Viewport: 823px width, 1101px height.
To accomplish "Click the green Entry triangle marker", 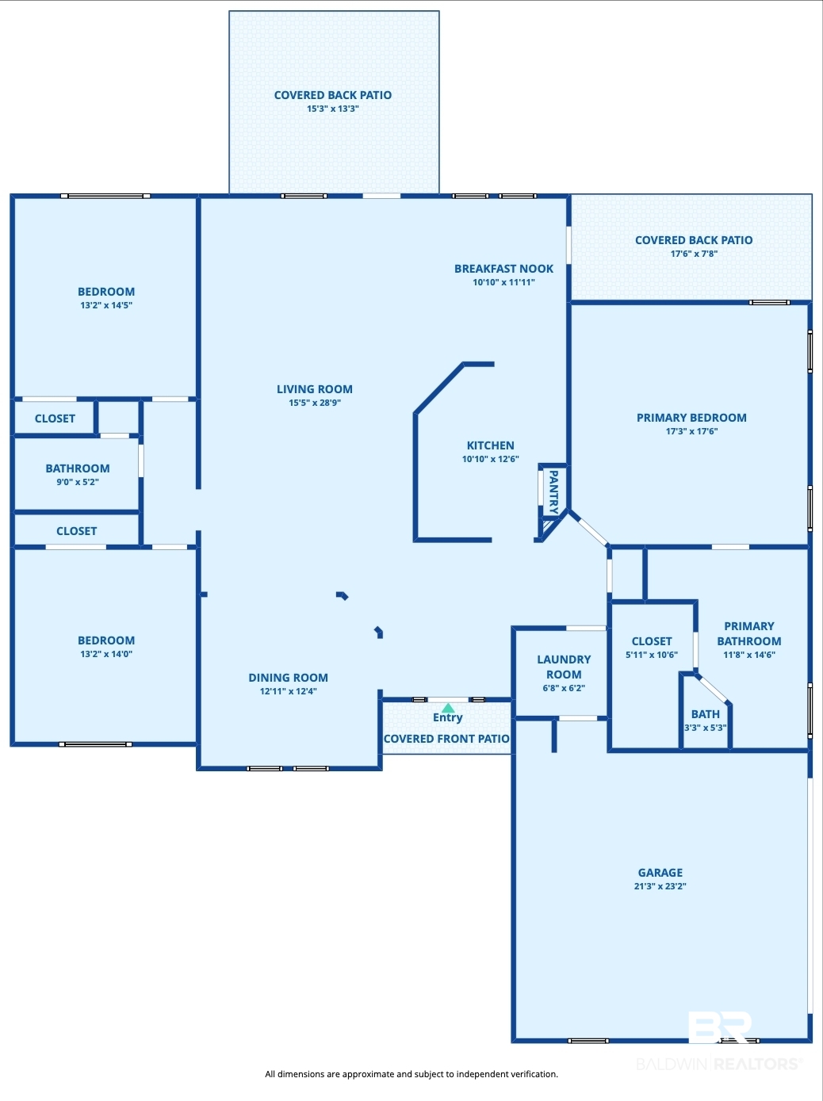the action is tap(448, 708).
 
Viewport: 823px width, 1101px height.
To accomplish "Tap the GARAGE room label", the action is tap(660, 872).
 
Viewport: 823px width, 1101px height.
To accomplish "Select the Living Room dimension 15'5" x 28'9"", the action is tap(315, 403).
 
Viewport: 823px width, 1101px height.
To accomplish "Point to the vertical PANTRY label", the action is tap(553, 492).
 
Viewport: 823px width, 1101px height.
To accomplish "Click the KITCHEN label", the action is tap(490, 445).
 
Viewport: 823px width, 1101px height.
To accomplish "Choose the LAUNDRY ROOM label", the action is tap(564, 667).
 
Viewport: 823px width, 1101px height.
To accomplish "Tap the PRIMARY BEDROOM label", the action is tap(691, 417).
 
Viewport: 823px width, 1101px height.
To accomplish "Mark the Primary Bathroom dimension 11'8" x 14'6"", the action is tap(748, 654).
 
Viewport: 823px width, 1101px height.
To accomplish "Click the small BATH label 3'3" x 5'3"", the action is tap(705, 721).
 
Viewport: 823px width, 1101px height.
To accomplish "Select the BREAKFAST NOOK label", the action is tap(503, 269).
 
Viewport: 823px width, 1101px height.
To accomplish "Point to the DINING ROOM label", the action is tap(288, 678).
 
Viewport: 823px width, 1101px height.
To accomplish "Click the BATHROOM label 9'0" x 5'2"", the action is tap(77, 474).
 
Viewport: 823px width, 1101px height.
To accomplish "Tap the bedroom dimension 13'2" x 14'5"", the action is tap(106, 305).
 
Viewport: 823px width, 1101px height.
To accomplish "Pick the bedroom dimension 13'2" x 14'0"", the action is tap(106, 654).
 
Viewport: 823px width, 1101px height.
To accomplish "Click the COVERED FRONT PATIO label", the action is tap(446, 738).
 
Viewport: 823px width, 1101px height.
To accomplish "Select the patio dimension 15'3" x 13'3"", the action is tap(332, 109).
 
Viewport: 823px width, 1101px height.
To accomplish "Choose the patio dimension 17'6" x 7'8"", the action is tap(694, 254).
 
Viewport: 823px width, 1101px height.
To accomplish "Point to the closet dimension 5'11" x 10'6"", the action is tap(652, 655).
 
